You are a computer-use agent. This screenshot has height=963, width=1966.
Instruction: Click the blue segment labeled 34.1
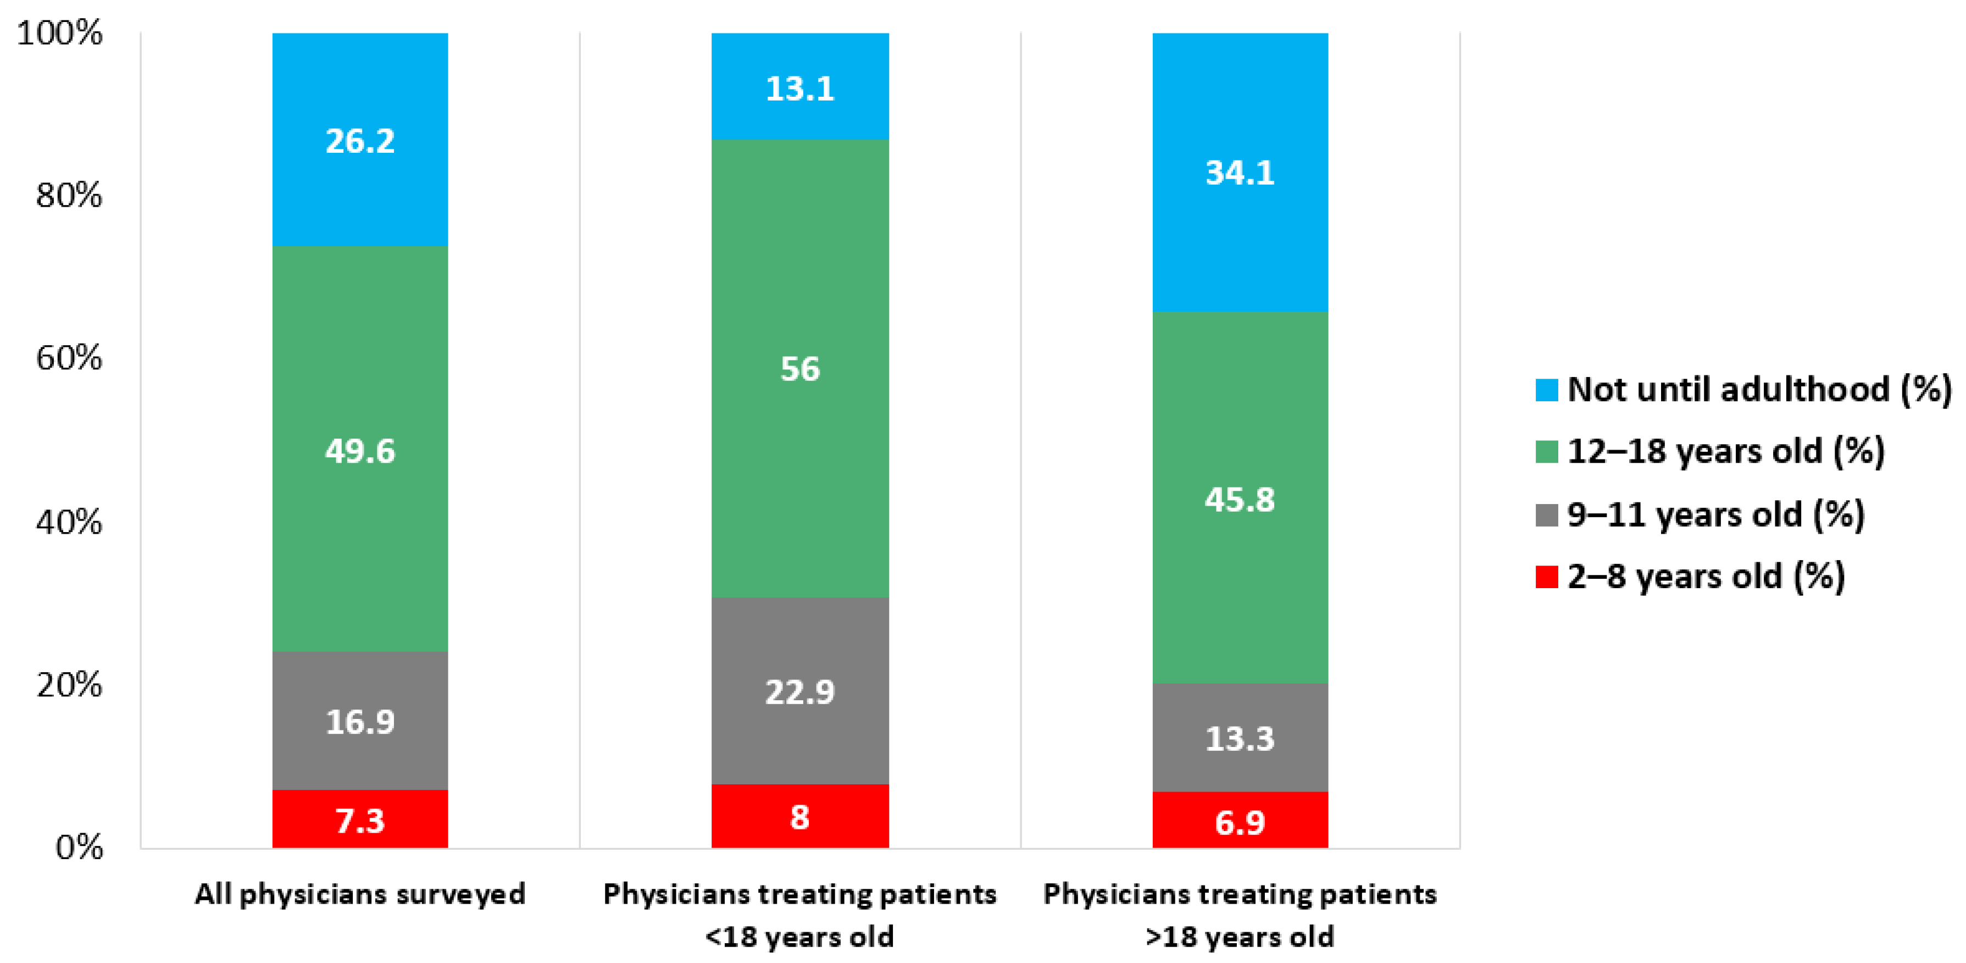coord(1240,172)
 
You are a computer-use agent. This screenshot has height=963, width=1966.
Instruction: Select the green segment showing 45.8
coord(1240,498)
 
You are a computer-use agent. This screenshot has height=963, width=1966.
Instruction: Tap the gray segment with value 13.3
coord(1240,737)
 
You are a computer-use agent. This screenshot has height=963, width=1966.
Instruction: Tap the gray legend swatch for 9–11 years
coord(1546,514)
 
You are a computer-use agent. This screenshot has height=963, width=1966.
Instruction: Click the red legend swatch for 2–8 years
coord(1546,577)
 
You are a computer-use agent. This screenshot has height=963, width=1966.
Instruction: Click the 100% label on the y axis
coord(59,33)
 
